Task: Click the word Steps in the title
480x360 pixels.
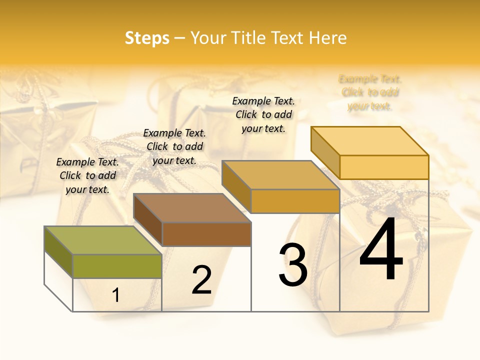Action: [x=147, y=38]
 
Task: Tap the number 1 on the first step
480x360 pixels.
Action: [x=116, y=295]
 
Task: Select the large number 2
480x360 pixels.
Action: [x=201, y=280]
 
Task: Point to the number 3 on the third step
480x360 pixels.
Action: [x=292, y=265]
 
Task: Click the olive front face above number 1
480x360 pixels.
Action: [x=117, y=266]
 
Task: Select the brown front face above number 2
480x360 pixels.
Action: [x=206, y=234]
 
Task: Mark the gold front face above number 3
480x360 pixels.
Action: [x=295, y=201]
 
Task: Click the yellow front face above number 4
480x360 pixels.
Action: [x=384, y=167]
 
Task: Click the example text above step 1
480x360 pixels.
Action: [x=87, y=175]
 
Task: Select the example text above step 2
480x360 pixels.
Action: [x=174, y=146]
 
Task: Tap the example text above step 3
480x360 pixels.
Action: [x=263, y=114]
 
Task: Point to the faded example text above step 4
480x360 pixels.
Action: [x=370, y=92]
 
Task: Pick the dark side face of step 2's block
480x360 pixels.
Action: [x=148, y=220]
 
